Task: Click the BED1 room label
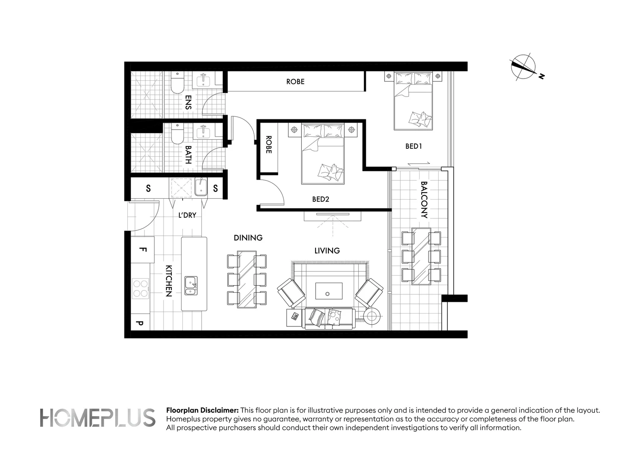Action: tap(413, 146)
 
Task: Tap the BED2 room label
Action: tap(320, 200)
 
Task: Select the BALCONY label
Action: tap(424, 200)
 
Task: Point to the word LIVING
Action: tap(327, 251)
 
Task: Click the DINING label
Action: tap(248, 238)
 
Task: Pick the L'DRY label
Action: tap(187, 215)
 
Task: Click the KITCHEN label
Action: tap(169, 281)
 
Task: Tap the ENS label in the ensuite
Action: tap(188, 102)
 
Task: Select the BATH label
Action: tap(188, 155)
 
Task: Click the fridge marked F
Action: tap(142, 249)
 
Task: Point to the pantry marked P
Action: tap(140, 322)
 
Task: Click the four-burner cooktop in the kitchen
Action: tap(140, 289)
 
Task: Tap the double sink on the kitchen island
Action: tap(191, 286)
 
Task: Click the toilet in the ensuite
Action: tap(178, 82)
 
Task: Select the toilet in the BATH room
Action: tap(178, 133)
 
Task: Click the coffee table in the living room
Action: tap(329, 291)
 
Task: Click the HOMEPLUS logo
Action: tap(97, 418)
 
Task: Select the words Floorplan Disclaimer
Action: tap(202, 410)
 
